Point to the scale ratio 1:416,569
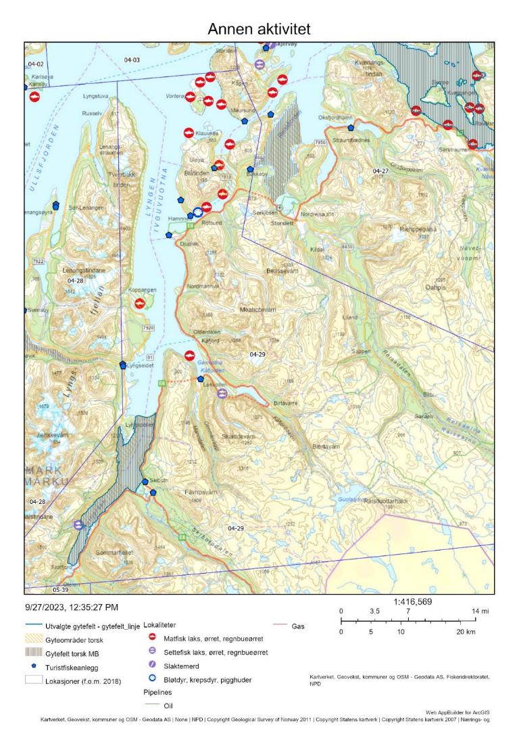point(412,601)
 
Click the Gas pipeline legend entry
point(298,626)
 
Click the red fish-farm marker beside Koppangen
point(140,304)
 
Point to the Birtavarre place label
point(287,402)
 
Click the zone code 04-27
point(381,170)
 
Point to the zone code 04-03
point(132,60)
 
